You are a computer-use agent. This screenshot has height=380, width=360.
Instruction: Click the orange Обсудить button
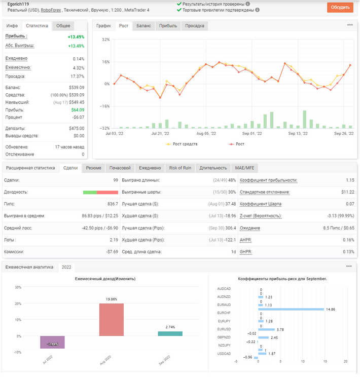coord(340,7)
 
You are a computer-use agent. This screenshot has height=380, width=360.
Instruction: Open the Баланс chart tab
coord(143,26)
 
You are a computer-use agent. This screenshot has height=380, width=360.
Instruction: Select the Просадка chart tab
coord(195,26)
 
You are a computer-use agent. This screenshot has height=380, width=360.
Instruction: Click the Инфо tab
coord(12,26)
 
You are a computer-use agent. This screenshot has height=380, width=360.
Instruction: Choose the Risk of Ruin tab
coord(180,168)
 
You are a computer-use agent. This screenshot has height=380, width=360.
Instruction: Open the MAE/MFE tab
coord(244,168)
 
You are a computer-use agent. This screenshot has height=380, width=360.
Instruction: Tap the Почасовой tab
coord(120,168)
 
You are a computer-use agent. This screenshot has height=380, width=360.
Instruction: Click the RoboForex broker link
coord(51,10)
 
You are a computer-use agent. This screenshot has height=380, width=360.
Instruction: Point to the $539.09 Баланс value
coord(77,88)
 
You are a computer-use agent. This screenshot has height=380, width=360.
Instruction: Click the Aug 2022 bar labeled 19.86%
coord(112,320)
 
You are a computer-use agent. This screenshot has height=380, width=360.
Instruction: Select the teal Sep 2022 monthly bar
coord(170,333)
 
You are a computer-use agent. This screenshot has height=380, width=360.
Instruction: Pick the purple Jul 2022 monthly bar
coord(52,342)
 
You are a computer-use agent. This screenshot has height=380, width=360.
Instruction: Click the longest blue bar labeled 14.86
coord(291,309)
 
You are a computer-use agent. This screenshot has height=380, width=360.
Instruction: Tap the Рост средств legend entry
coord(182,144)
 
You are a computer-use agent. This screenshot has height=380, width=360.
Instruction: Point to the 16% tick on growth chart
coord(106,62)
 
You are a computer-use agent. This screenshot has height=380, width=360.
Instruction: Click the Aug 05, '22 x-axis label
coord(206,134)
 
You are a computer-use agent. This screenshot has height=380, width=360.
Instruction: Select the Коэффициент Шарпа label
coord(261,204)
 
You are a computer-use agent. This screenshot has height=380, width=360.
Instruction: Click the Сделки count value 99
coord(116,180)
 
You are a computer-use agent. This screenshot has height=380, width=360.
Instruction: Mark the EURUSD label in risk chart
coord(224,329)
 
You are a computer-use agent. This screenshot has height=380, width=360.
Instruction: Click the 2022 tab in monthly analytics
coord(66,267)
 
